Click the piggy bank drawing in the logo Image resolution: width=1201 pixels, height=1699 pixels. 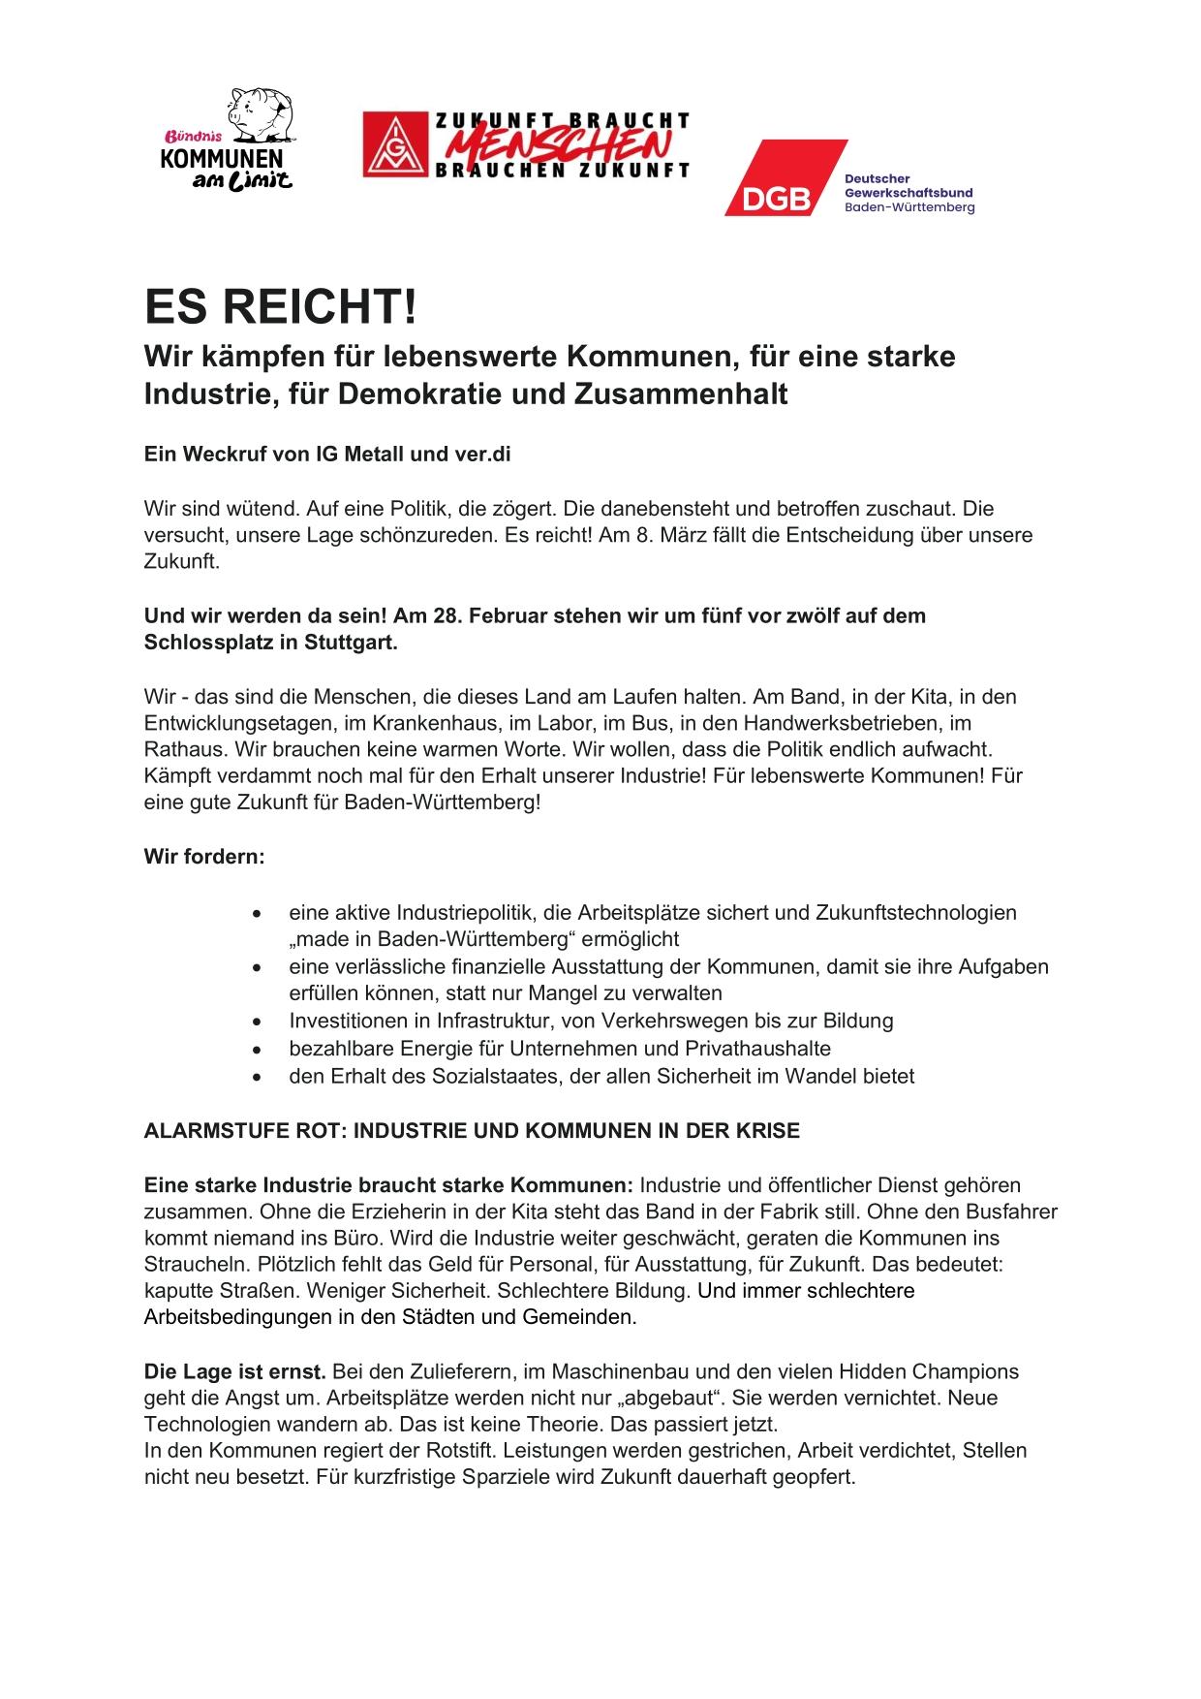tap(257, 112)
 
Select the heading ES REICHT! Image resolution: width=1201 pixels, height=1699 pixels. tap(281, 307)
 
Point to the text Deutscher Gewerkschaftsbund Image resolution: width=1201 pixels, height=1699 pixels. tap(908, 187)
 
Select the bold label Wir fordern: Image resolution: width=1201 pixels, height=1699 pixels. tap(204, 857)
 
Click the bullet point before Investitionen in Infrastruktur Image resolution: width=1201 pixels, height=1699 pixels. tap(256, 1022)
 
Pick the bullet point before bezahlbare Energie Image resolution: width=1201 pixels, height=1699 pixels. tap(256, 1049)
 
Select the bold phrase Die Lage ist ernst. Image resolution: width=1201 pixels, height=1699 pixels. tap(235, 1371)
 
